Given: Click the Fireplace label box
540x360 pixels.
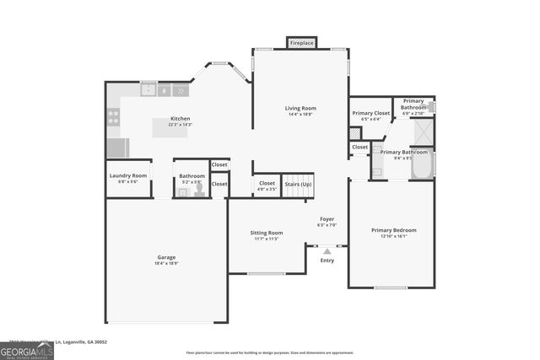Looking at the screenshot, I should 301,42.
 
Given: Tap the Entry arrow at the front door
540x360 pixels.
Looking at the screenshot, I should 327,250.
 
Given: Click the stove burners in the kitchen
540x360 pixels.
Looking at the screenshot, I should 112,117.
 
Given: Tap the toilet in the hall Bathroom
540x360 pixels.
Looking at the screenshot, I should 200,191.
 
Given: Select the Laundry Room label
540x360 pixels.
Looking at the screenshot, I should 128,175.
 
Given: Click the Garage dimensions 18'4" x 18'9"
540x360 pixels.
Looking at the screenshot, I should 166,264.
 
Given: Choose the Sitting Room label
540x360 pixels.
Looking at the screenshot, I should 267,233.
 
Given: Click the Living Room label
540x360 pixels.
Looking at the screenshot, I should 300,108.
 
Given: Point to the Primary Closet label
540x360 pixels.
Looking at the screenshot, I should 371,113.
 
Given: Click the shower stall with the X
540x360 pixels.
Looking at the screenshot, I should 422,132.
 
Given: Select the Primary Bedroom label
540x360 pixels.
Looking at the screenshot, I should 394,230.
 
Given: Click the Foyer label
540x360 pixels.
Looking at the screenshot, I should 327,218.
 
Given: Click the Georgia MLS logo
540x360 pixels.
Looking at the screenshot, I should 27,350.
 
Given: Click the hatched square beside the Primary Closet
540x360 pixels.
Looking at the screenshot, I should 355,133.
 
